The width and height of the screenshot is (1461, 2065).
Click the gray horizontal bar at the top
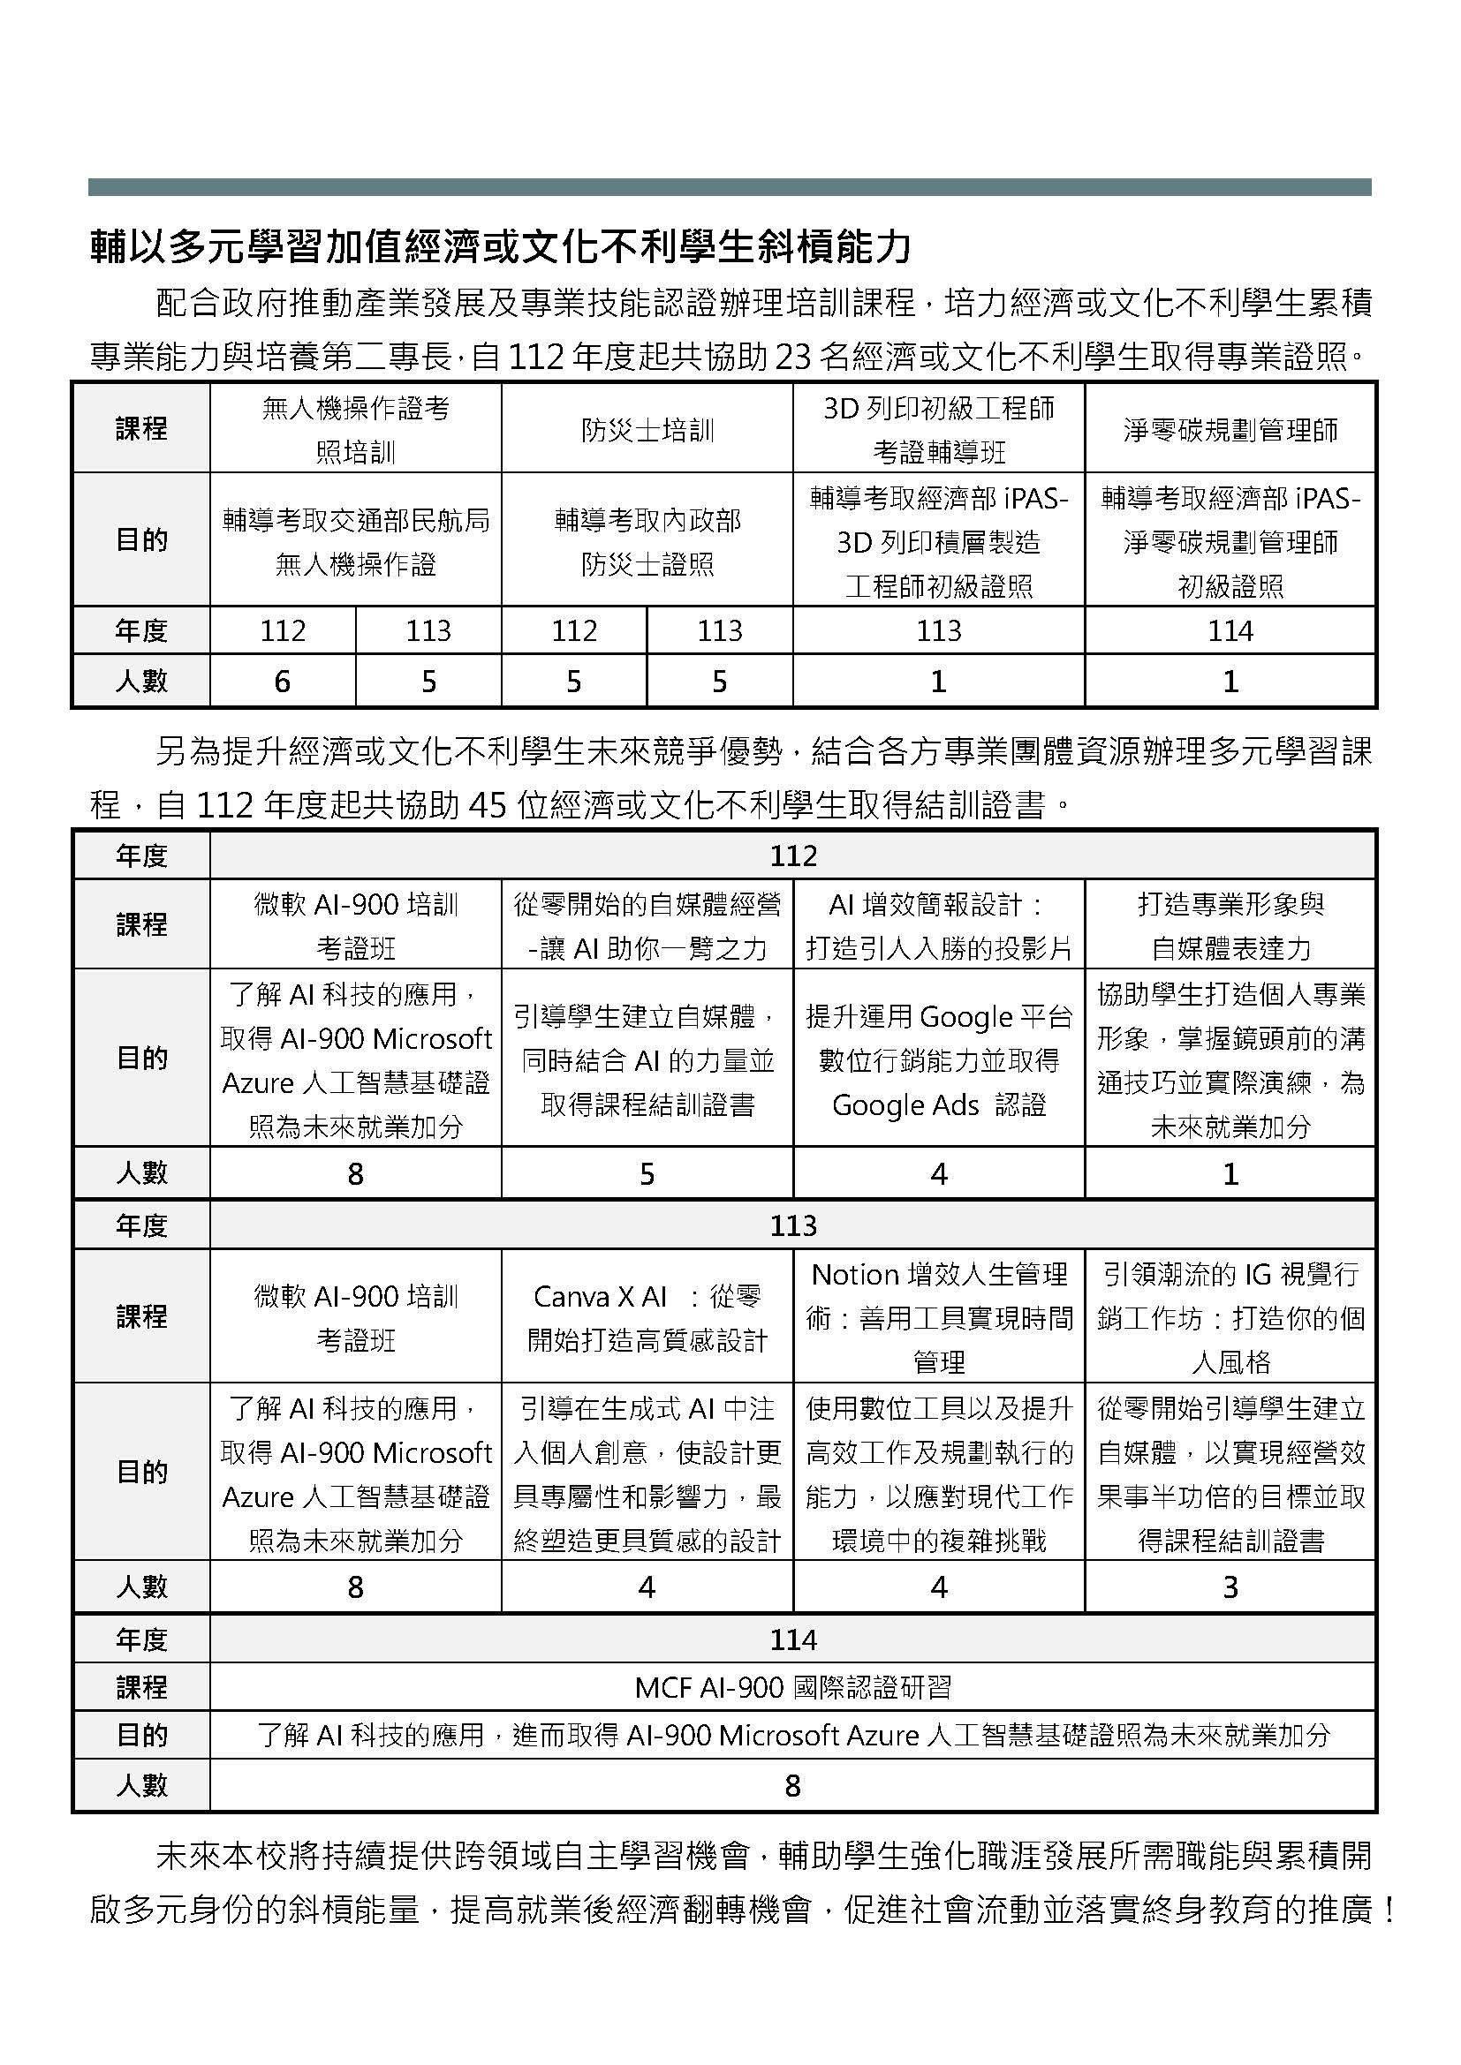click(729, 187)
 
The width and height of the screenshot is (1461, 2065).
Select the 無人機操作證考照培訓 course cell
click(355, 430)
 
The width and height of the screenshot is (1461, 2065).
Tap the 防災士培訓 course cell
click(647, 430)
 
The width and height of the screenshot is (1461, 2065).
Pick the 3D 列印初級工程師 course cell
click(938, 430)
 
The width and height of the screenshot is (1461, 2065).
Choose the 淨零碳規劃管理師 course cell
click(1230, 430)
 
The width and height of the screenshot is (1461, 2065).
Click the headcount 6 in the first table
click(283, 682)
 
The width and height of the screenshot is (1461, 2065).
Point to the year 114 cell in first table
click(1230, 630)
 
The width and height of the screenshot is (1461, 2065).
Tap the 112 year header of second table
click(792, 855)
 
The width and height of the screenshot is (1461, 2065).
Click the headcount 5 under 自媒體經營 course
click(647, 1173)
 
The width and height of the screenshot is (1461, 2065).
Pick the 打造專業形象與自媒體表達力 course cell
click(1230, 925)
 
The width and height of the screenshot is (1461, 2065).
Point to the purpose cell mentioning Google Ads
click(938, 1059)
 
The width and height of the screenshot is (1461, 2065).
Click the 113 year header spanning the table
click(792, 1225)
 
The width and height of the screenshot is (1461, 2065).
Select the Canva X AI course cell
click(647, 1317)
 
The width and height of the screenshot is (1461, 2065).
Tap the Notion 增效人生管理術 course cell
click(938, 1317)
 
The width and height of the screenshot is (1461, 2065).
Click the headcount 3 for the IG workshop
click(1230, 1587)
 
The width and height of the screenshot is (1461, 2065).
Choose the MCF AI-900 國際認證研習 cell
click(792, 1687)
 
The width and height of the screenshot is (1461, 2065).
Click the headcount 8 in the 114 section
click(792, 1785)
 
